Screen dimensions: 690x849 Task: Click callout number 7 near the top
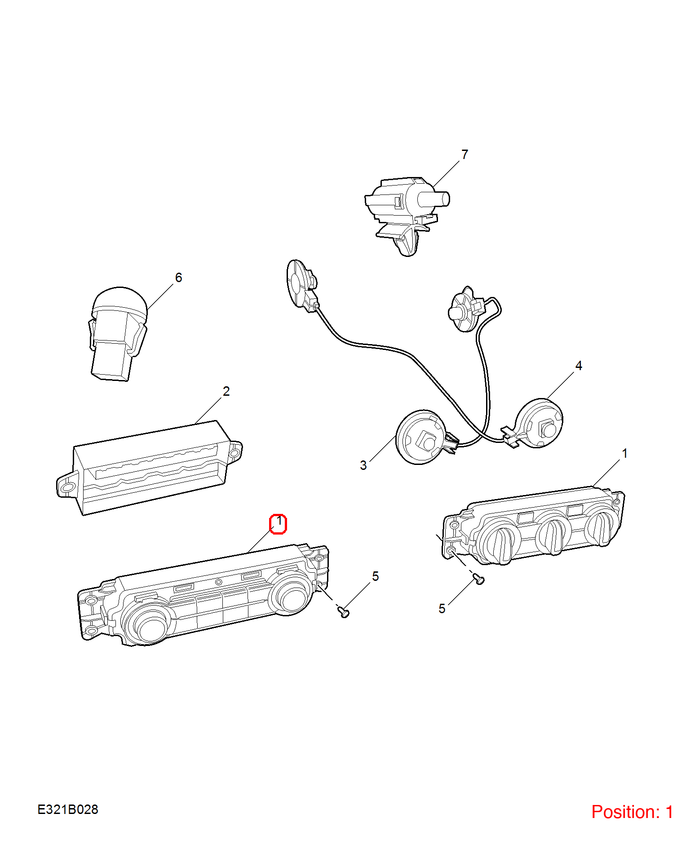click(464, 155)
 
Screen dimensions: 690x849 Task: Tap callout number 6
click(178, 278)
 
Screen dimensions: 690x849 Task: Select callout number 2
click(226, 391)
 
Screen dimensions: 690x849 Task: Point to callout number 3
click(363, 465)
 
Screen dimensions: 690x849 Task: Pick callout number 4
click(579, 366)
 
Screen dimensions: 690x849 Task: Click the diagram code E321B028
click(68, 809)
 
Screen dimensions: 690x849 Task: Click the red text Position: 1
click(632, 812)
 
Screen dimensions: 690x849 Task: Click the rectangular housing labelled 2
click(148, 467)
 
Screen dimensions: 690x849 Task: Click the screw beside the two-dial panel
click(344, 611)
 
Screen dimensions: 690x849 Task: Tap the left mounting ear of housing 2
click(67, 486)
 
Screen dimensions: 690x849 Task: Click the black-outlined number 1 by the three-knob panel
click(624, 454)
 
